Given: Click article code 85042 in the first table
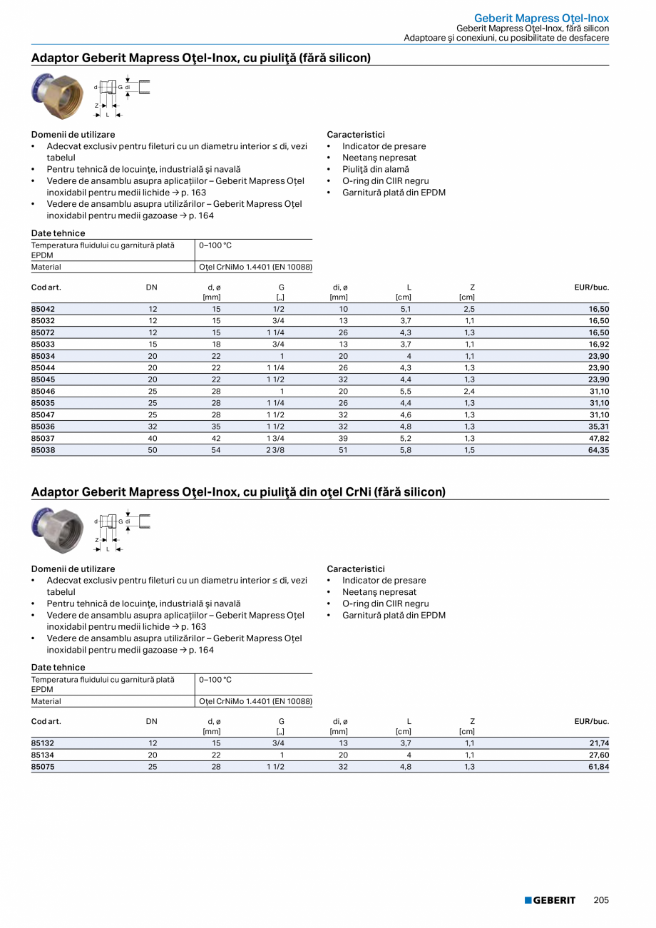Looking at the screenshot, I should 43,309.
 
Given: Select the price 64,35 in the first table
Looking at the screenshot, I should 598,450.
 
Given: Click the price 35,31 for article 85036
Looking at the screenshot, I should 598,427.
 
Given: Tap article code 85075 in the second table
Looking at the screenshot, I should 43,767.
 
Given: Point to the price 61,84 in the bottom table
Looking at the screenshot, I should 598,767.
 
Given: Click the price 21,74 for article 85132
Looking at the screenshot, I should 598,743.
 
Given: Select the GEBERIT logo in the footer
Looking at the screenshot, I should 550,900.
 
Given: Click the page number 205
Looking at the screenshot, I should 601,900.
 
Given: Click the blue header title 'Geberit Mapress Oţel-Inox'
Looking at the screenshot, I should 541,18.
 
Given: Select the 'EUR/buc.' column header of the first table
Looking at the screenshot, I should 592,287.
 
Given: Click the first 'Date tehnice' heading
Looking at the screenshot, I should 58,233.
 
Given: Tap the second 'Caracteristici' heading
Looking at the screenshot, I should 355,568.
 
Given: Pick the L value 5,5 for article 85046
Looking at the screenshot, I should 406,391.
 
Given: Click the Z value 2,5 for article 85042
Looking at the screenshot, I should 469,309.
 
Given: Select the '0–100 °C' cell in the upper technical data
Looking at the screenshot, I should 215,245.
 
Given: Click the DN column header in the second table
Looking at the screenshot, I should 152,721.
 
